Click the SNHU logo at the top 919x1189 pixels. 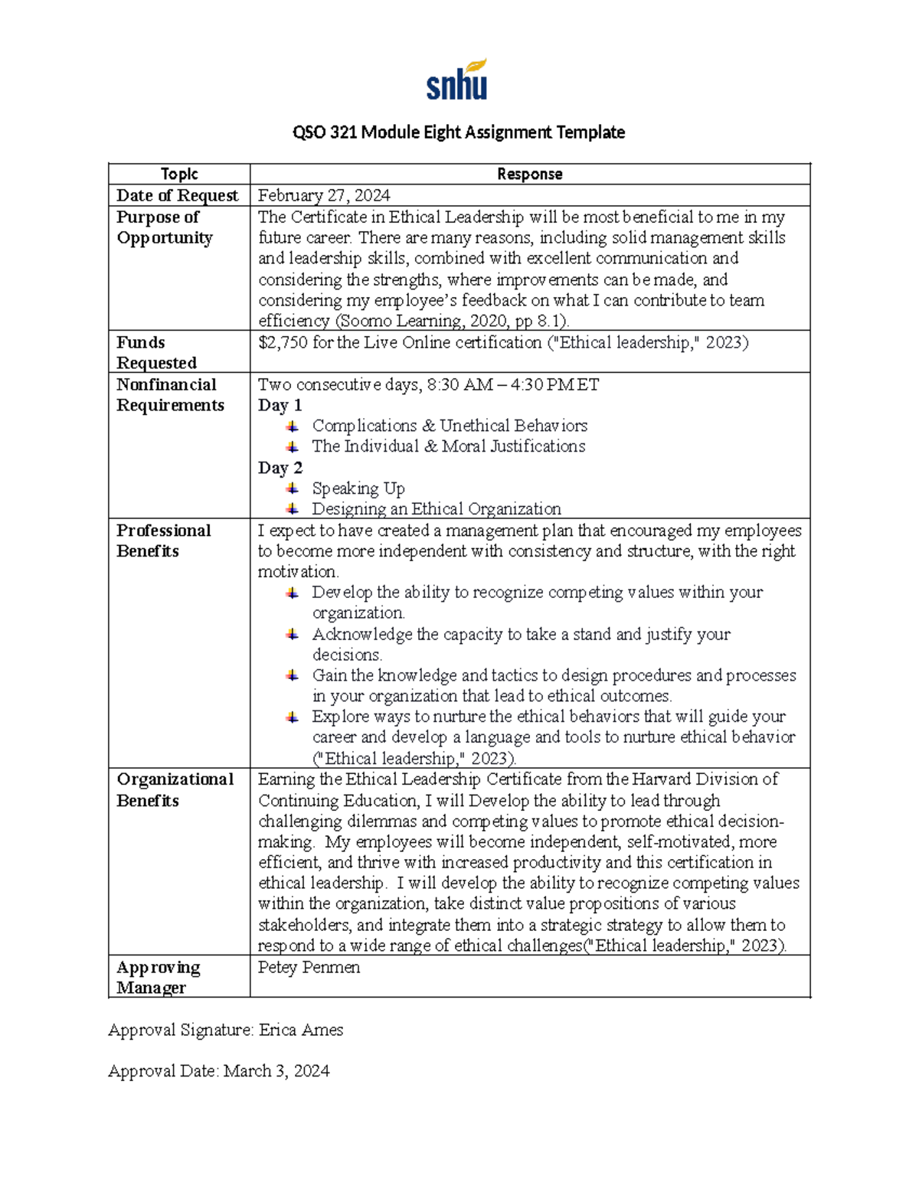click(457, 80)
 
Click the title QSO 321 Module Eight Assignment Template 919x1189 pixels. click(459, 132)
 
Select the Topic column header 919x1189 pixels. click(179, 174)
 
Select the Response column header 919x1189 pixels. click(529, 174)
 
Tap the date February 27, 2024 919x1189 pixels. click(324, 195)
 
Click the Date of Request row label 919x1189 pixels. click(177, 195)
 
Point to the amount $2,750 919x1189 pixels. click(283, 342)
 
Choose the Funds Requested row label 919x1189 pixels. click(156, 352)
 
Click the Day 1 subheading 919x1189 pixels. click(280, 405)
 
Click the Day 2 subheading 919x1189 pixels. click(280, 468)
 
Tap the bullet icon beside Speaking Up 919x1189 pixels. click(293, 488)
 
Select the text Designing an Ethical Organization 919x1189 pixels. click(436, 509)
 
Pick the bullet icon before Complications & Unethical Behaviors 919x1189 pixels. click(293, 426)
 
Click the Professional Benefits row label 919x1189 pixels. click(163, 541)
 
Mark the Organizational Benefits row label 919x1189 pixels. click(175, 789)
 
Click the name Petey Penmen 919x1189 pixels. click(309, 967)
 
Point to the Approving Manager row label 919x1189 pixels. click(158, 977)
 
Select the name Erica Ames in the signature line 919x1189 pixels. click(301, 1030)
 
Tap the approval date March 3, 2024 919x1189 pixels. click(276, 1070)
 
